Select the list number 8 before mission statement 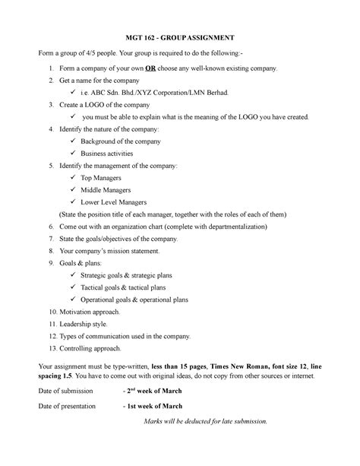coord(50,251)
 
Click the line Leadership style coord(90,324)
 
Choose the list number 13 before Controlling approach coord(50,349)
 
